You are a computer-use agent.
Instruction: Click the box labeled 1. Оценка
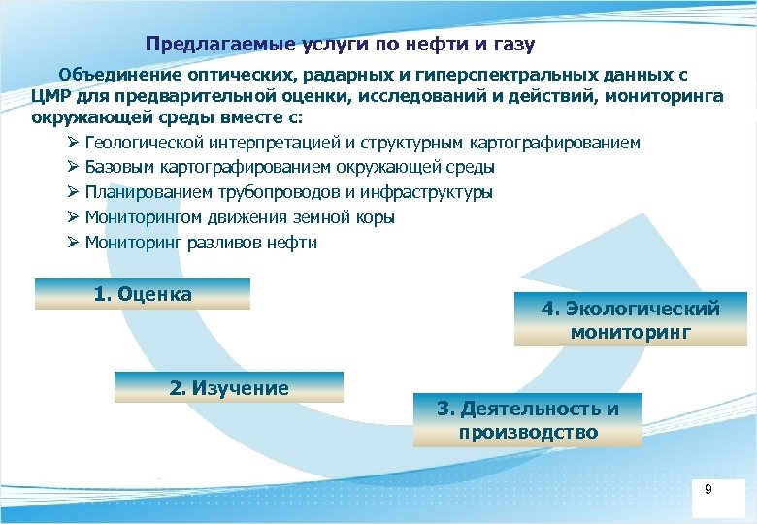point(143,294)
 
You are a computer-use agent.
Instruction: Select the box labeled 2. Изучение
point(229,388)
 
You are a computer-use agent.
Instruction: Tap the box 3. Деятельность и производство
point(528,420)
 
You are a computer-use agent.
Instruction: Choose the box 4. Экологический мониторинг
point(631,320)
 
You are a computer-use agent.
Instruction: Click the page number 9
point(708,490)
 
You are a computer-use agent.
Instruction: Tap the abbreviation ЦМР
point(49,96)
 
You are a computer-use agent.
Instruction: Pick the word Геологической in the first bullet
point(142,143)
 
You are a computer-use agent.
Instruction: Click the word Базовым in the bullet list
point(118,168)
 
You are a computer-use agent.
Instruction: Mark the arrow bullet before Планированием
point(73,192)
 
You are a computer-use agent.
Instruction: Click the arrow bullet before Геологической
point(73,143)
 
